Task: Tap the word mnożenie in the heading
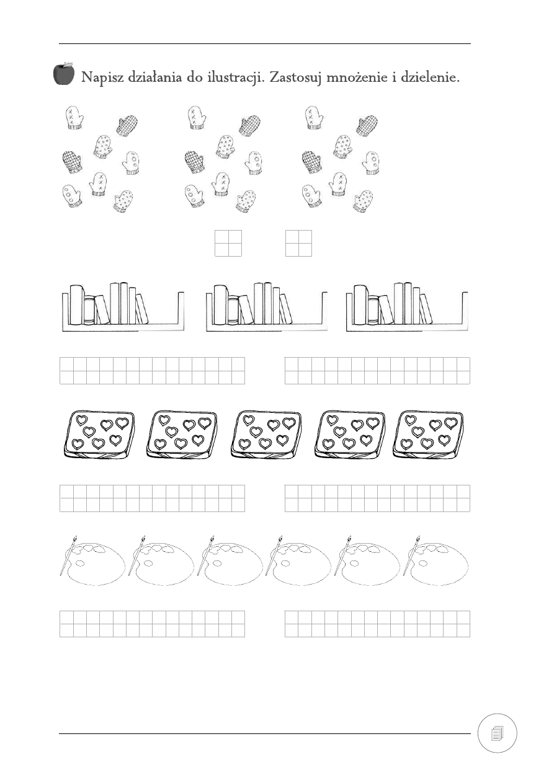point(356,77)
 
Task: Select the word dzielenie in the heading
point(430,77)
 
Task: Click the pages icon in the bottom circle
point(497,733)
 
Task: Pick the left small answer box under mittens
point(228,243)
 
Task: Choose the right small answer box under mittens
point(298,243)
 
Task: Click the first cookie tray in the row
point(99,435)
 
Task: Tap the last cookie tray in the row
point(429,435)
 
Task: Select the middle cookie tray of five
point(266,435)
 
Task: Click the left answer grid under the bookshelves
point(152,371)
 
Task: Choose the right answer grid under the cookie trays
point(377,498)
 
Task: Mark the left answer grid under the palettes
point(152,624)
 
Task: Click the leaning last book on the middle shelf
point(285,309)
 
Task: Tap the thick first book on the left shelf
point(76,305)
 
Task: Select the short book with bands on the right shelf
point(373,310)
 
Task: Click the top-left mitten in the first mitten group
point(74,118)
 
